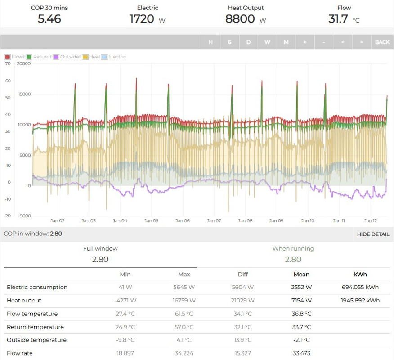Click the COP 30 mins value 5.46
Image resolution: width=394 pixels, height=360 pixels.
click(x=49, y=19)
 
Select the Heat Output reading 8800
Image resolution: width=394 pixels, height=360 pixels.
click(x=240, y=19)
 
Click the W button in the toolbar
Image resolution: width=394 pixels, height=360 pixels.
click(x=267, y=42)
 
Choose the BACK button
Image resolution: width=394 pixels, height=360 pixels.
click(x=382, y=42)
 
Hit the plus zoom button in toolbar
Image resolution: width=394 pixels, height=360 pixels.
click(x=305, y=42)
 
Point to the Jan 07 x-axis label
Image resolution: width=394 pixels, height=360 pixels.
click(x=214, y=221)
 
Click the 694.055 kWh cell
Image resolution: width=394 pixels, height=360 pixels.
click(x=360, y=287)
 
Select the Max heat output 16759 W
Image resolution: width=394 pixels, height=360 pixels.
click(x=184, y=300)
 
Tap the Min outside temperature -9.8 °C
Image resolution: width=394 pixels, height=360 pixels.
click(x=125, y=340)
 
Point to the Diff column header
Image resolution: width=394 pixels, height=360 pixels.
click(x=243, y=274)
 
